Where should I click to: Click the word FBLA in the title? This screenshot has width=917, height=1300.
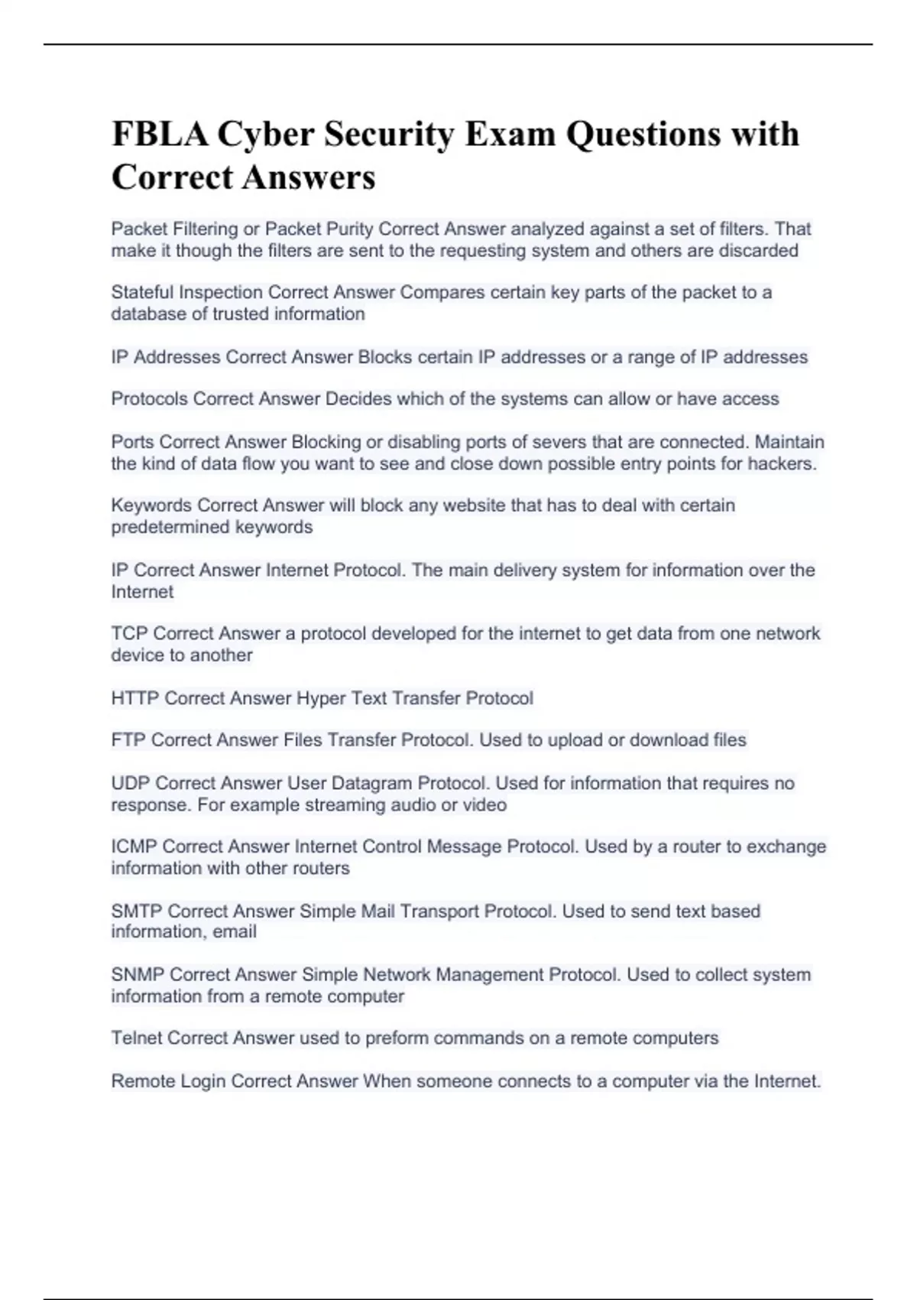159,135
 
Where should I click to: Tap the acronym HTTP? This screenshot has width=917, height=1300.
135,698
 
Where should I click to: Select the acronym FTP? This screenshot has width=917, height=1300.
128,740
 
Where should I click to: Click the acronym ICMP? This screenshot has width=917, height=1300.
134,847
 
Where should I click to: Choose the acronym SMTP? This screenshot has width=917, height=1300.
137,912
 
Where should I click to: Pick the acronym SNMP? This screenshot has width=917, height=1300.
138,975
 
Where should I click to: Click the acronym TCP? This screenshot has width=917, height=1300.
129,634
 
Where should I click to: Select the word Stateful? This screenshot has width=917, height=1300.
142,293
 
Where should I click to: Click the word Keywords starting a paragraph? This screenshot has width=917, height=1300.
151,505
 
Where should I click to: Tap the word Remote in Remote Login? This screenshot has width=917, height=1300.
143,1081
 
